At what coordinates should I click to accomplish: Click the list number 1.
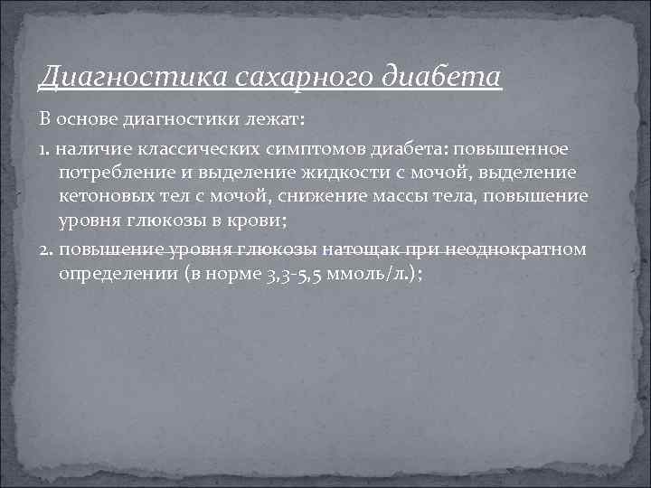pos(42,146)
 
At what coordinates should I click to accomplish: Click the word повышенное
pos(515,146)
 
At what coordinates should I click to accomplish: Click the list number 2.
pos(43,249)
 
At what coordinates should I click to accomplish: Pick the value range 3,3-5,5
pos(304,273)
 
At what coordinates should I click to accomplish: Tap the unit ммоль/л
pos(376,273)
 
